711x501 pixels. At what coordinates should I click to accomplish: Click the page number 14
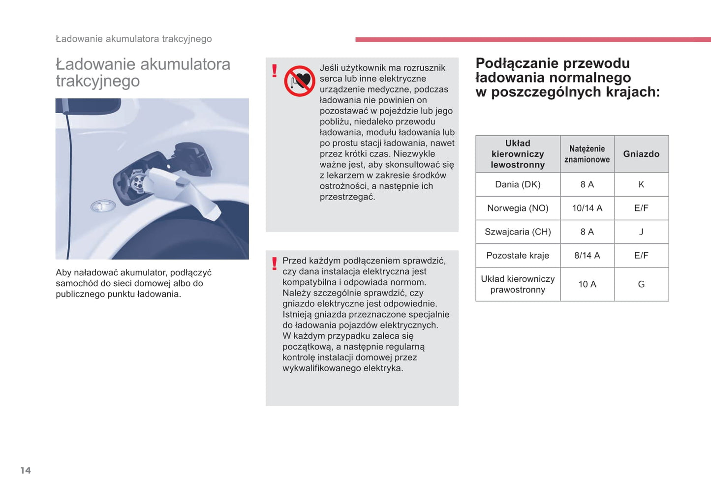tap(26, 471)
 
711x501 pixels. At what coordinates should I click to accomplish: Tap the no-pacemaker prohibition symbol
tap(299, 81)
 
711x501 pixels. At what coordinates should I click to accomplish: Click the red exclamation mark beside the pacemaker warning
tap(275, 71)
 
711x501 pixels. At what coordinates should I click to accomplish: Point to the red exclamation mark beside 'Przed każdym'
tap(275, 264)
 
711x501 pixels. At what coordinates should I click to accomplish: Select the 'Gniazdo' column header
tap(641, 154)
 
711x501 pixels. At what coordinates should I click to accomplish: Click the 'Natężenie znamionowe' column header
tap(587, 154)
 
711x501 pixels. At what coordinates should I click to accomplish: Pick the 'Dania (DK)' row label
tap(518, 184)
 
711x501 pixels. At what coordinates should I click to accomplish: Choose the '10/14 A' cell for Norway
tap(587, 208)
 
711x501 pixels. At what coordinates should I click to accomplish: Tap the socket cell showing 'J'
tap(641, 232)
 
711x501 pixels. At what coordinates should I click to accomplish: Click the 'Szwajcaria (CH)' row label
tap(518, 232)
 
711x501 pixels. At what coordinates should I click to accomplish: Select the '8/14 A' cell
tap(587, 255)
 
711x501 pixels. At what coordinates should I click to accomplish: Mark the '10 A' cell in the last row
tap(587, 284)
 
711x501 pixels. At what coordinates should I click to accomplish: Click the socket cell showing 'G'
tap(641, 284)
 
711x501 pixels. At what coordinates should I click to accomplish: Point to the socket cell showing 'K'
tap(641, 184)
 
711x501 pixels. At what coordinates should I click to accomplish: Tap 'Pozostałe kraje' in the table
tap(518, 255)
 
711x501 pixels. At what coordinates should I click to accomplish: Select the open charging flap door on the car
tap(193, 157)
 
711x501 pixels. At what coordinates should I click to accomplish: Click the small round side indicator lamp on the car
tap(103, 206)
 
